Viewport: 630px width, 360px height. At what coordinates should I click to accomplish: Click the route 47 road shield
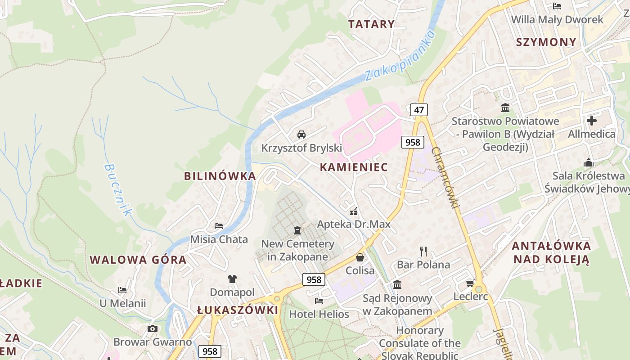click(x=419, y=110)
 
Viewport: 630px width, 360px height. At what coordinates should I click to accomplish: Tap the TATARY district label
click(x=372, y=24)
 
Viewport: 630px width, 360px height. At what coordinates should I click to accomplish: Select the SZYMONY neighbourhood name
click(x=546, y=42)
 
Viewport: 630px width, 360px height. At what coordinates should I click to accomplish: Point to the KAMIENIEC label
click(x=354, y=167)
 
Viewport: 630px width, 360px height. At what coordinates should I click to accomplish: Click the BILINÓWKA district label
click(x=220, y=176)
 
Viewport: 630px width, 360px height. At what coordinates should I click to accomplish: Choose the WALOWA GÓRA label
click(x=138, y=260)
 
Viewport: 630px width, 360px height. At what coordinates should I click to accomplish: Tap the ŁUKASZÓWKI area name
click(x=238, y=310)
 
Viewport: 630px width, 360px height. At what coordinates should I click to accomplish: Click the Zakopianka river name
click(x=400, y=55)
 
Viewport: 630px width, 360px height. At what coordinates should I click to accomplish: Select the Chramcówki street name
click(x=445, y=177)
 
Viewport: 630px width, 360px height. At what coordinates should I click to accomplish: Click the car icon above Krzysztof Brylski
click(x=301, y=134)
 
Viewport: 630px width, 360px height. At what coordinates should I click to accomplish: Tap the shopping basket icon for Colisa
click(x=360, y=257)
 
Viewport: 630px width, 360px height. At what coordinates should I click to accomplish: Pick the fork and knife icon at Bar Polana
click(x=423, y=251)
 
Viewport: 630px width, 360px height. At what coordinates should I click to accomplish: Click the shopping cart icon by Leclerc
click(x=470, y=283)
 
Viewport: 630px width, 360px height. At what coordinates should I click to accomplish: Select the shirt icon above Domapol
click(x=232, y=279)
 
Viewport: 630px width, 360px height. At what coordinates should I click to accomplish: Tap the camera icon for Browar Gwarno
click(x=153, y=328)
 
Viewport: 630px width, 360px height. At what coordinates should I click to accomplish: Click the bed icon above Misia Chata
click(x=219, y=225)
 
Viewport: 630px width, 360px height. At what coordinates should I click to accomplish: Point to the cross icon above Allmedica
click(x=592, y=121)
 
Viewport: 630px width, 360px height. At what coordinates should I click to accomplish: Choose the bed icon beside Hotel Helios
click(x=319, y=301)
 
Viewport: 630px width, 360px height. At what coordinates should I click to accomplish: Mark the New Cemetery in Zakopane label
click(x=298, y=250)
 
